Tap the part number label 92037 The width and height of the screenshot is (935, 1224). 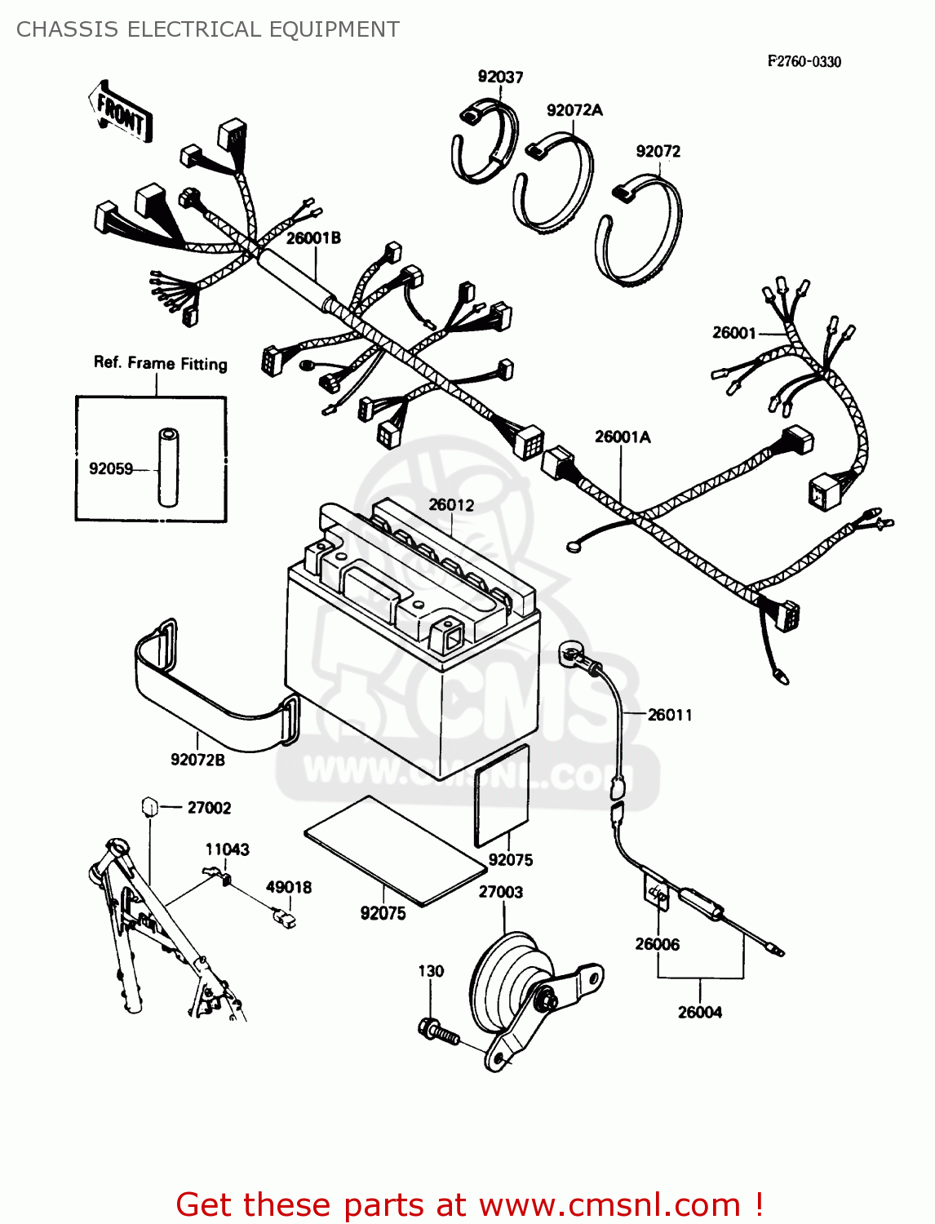tap(500, 77)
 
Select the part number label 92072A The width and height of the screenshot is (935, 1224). tap(574, 110)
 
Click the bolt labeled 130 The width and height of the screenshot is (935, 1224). tap(437, 1032)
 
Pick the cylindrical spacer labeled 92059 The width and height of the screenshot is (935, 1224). tap(168, 468)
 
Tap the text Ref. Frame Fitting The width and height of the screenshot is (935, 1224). tap(160, 363)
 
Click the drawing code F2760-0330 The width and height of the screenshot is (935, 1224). tap(804, 61)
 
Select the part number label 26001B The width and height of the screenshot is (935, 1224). tap(313, 237)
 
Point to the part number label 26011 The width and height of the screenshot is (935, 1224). tap(670, 715)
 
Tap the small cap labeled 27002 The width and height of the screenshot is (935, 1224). tap(149, 807)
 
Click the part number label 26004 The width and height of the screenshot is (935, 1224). tap(700, 1012)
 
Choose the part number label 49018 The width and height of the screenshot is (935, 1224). tap(288, 887)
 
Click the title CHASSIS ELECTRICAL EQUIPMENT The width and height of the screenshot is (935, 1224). tap(208, 29)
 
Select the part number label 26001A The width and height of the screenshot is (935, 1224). tap(623, 437)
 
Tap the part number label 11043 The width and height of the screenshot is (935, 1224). tap(227, 849)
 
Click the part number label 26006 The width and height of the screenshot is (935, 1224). tap(657, 944)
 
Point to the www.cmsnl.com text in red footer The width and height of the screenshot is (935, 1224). tap(609, 1204)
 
